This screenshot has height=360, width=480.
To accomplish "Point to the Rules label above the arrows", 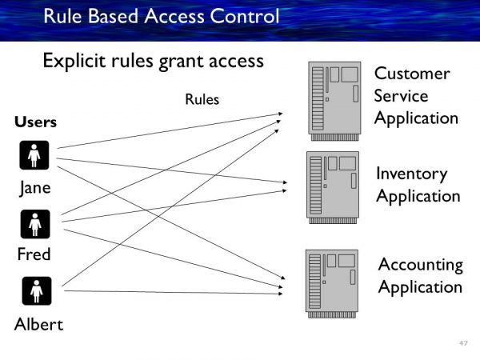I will (x=202, y=100).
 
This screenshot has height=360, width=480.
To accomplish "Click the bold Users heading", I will (x=35, y=122).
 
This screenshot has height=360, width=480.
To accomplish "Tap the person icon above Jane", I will (x=35, y=155).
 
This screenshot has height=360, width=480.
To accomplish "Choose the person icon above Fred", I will (x=35, y=224).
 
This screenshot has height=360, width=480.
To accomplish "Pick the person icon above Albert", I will (x=35, y=291).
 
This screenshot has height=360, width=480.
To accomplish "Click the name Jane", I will (x=35, y=188).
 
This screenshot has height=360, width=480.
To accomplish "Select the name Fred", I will (x=35, y=255).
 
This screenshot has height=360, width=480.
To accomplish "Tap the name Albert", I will (x=38, y=324).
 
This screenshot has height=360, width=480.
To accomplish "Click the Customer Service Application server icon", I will (x=334, y=96).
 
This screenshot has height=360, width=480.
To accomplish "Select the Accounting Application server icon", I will (x=332, y=280).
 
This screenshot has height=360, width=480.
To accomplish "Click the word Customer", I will (x=412, y=74).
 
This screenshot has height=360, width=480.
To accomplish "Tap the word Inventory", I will (x=412, y=174).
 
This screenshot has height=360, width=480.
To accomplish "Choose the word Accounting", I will (x=421, y=265).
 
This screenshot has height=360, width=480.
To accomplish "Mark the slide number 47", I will (x=463, y=343).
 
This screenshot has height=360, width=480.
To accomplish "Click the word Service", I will (x=402, y=97).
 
